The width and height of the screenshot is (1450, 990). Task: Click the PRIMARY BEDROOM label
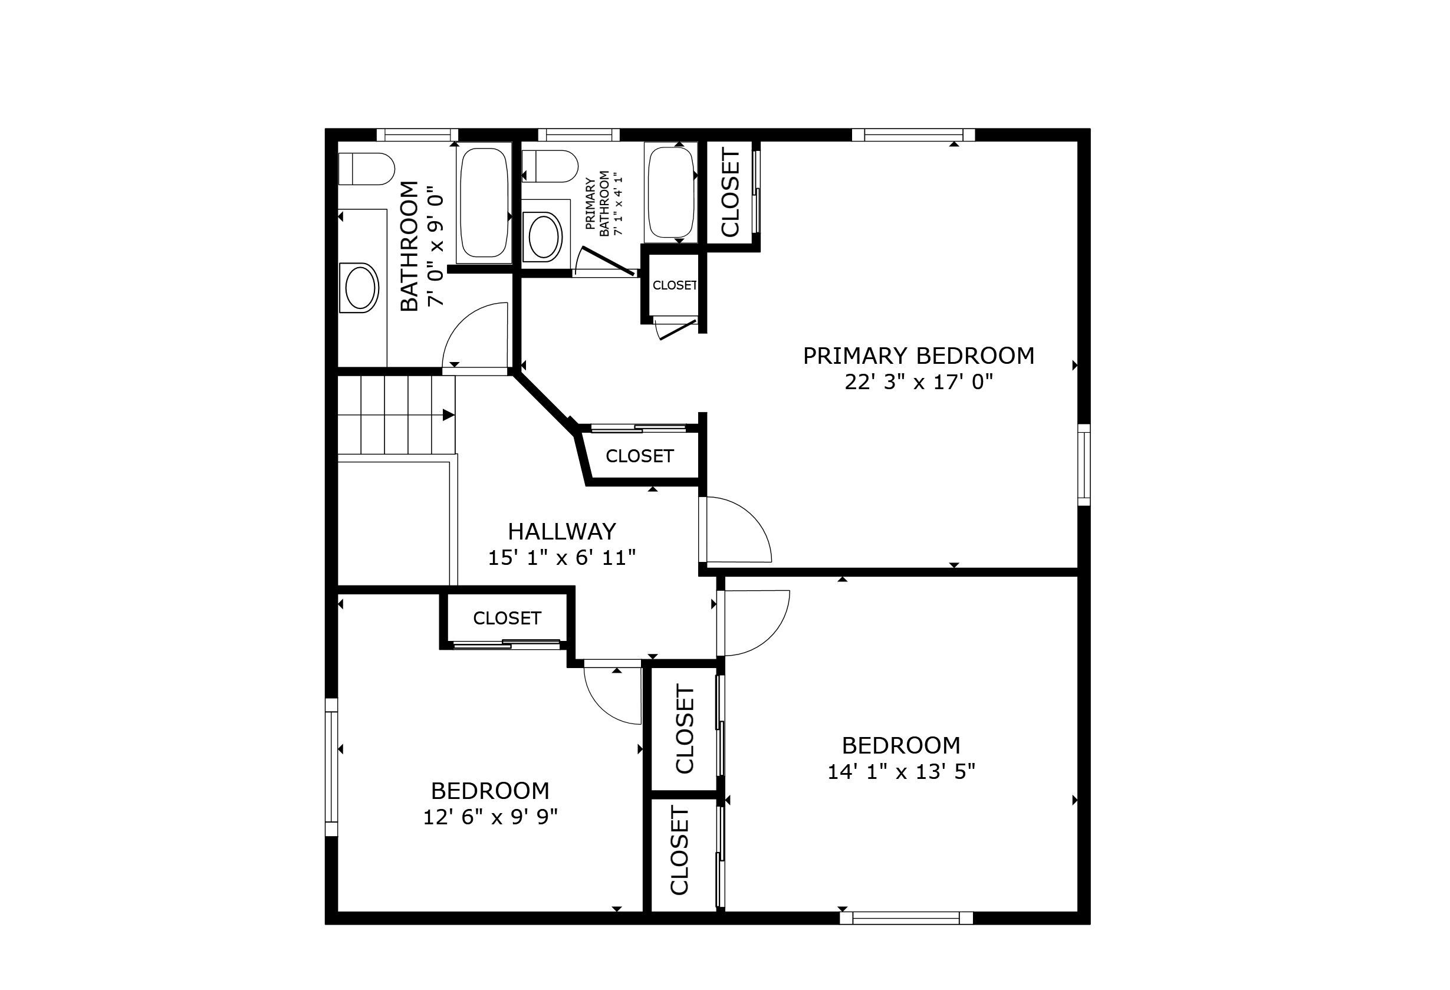919,356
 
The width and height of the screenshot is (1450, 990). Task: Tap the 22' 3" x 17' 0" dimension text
919,381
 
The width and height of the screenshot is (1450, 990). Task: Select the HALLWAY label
561,531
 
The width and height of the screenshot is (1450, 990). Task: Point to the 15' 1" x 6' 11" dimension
561,558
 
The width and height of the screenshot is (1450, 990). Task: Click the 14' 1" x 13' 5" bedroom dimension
901,772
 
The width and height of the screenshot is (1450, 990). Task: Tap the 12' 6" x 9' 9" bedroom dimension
491,817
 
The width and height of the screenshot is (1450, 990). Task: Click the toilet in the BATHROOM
367,169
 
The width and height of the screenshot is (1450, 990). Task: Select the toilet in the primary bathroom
549,166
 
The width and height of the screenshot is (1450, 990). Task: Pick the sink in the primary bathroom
545,236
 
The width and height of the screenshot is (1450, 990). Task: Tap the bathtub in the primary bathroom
670,192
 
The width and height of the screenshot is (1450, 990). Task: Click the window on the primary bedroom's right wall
1084,465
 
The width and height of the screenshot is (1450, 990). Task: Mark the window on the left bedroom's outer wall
331,767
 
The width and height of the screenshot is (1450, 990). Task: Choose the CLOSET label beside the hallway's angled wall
640,456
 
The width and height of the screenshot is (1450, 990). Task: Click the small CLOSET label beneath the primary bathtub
675,285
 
